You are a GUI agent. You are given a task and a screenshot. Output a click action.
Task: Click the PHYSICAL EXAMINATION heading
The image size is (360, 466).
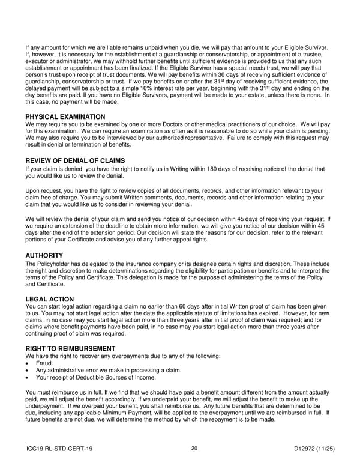tap(65, 116)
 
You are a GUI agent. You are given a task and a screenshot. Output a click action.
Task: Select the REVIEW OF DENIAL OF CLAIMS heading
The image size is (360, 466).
tap(75, 161)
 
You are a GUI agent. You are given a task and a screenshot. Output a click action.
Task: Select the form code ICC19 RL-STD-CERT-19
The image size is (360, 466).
tap(59, 449)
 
